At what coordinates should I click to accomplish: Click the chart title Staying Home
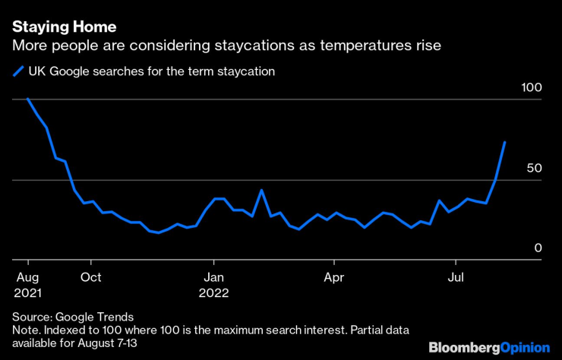pyautogui.click(x=64, y=27)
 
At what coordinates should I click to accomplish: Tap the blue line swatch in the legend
pyautogui.click(x=19, y=71)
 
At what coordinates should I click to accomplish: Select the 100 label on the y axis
pyautogui.click(x=532, y=88)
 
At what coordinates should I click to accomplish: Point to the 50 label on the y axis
pyautogui.click(x=535, y=168)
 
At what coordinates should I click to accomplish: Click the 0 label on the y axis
pyautogui.click(x=538, y=248)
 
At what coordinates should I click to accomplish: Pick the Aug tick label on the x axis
pyautogui.click(x=27, y=277)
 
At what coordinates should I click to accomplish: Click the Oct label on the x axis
pyautogui.click(x=91, y=277)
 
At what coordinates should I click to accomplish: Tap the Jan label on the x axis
pyautogui.click(x=213, y=277)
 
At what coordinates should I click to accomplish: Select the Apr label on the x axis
pyautogui.click(x=334, y=277)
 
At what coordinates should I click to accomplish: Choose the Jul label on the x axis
pyautogui.click(x=456, y=277)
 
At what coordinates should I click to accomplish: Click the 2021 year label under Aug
pyautogui.click(x=27, y=293)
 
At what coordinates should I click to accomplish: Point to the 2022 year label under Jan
pyautogui.click(x=213, y=293)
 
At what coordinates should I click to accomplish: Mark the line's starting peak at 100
pyautogui.click(x=27, y=99)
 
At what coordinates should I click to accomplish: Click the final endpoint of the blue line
pyautogui.click(x=504, y=142)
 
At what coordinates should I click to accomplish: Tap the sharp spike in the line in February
pyautogui.click(x=261, y=190)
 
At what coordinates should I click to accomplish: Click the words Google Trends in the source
pyautogui.click(x=95, y=317)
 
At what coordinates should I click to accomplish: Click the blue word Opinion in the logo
pyautogui.click(x=525, y=348)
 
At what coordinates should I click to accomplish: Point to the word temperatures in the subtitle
pyautogui.click(x=363, y=46)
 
